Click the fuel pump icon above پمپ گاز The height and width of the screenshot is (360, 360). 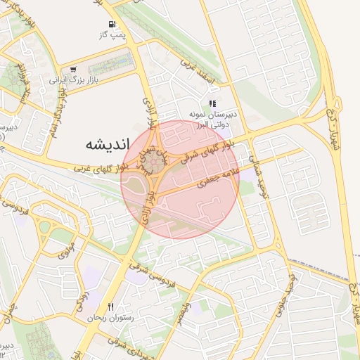(x=112, y=25)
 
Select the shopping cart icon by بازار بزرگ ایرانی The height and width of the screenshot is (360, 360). (x=73, y=70)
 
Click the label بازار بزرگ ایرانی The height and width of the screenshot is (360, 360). (x=72, y=80)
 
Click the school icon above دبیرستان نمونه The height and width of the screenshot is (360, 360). (x=212, y=104)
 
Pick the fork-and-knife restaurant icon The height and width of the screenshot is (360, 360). (x=110, y=307)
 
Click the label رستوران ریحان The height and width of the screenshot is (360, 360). (x=110, y=318)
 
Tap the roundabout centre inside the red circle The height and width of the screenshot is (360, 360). (x=155, y=164)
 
